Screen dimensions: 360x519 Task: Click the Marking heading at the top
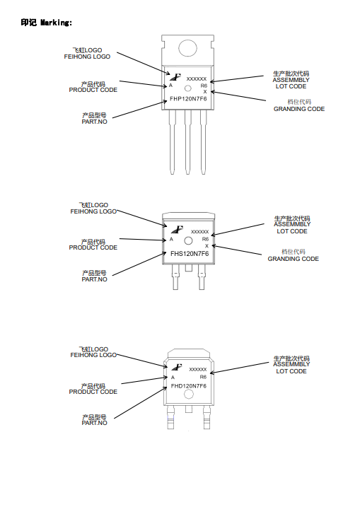pos(47,23)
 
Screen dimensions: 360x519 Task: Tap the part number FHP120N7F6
pos(188,98)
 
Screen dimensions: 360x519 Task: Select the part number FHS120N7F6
pos(190,254)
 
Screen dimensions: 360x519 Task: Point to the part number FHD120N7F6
pos(188,386)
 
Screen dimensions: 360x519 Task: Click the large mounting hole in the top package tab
pos(188,49)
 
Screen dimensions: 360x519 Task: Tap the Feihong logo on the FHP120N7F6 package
pos(175,77)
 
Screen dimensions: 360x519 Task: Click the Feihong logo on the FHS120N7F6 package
pos(178,229)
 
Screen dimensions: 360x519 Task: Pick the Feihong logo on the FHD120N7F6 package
pos(177,367)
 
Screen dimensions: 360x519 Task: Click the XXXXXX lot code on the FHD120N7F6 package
pos(198,369)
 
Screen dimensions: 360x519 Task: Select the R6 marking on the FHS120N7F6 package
pos(205,239)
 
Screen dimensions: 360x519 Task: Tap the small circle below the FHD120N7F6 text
pos(188,395)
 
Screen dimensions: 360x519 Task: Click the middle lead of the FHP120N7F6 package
pos(188,142)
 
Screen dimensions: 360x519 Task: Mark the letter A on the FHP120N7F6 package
pos(171,86)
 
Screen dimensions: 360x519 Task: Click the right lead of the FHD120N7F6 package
pos(207,417)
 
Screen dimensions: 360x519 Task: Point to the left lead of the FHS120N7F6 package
pos(175,277)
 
